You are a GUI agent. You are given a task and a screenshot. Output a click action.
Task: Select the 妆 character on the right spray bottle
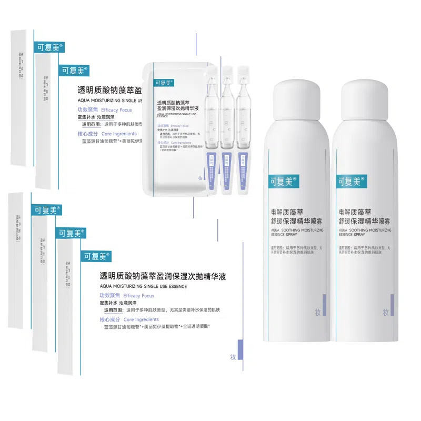click(x=386, y=312)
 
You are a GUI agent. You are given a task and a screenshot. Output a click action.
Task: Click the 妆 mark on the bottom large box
click(x=233, y=357)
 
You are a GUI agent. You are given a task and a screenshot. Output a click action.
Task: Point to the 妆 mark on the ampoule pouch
click(x=201, y=178)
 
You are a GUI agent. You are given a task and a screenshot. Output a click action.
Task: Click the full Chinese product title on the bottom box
click(x=163, y=276)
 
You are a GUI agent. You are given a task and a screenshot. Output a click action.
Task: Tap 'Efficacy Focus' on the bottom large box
click(x=138, y=296)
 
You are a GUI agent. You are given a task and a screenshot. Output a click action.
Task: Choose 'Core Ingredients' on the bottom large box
click(x=141, y=319)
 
